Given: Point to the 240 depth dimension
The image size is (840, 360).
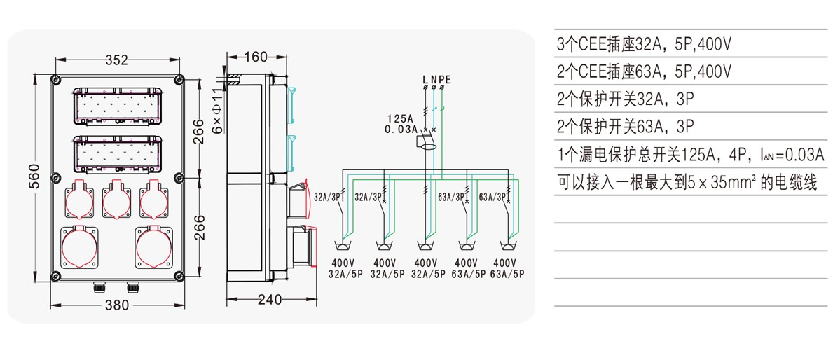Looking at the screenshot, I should [x=269, y=300].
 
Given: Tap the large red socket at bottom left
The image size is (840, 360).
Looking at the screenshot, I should [x=78, y=248].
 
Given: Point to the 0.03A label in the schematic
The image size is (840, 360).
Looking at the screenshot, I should [x=401, y=130].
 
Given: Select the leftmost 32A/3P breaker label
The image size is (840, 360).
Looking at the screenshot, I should [x=327, y=197].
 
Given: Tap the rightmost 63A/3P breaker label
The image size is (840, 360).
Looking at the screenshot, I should [x=493, y=197].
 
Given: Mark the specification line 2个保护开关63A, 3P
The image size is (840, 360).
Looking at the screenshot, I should [x=625, y=127].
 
